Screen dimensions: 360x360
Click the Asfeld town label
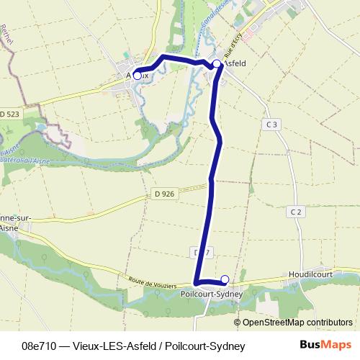(x=235, y=63)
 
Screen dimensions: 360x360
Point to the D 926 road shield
(x=164, y=194)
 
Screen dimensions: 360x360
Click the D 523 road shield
(x=9, y=114)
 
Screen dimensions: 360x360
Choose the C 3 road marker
(x=271, y=125)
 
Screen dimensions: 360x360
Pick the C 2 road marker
(x=296, y=211)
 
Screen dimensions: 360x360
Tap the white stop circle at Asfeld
(x=217, y=64)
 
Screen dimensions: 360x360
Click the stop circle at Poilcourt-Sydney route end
(x=225, y=279)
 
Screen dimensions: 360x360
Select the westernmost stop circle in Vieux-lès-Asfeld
(x=137, y=75)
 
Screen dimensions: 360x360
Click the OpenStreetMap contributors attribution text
(x=297, y=323)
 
